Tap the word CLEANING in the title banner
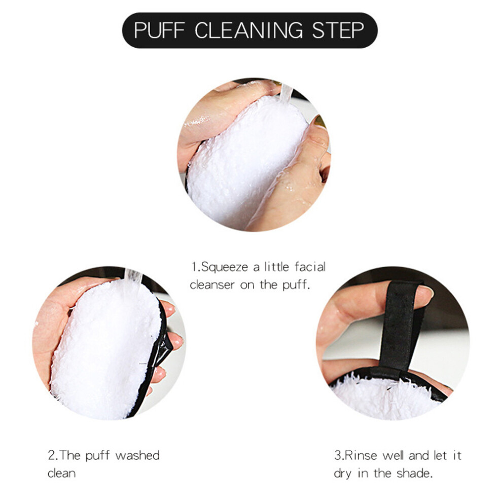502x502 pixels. click(x=248, y=30)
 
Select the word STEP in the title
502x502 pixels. click(x=338, y=30)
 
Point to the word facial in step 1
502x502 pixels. click(x=310, y=266)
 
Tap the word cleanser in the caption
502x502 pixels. click(x=212, y=284)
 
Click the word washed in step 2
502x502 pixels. click(x=137, y=455)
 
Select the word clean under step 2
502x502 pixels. click(x=61, y=473)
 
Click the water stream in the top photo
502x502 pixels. click(x=286, y=92)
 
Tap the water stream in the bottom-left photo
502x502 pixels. click(x=132, y=278)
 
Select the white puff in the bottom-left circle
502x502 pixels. click(x=105, y=349)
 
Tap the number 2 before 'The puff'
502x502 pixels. click(x=51, y=455)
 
